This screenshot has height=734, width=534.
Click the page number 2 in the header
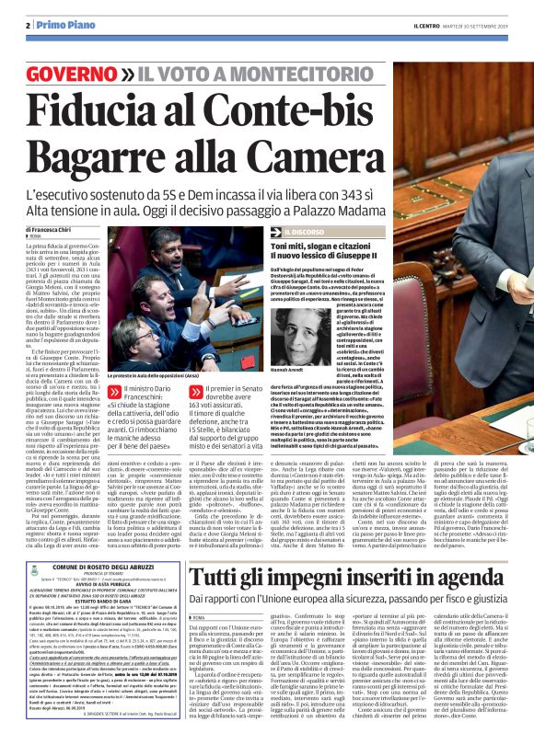(x=29, y=24)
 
